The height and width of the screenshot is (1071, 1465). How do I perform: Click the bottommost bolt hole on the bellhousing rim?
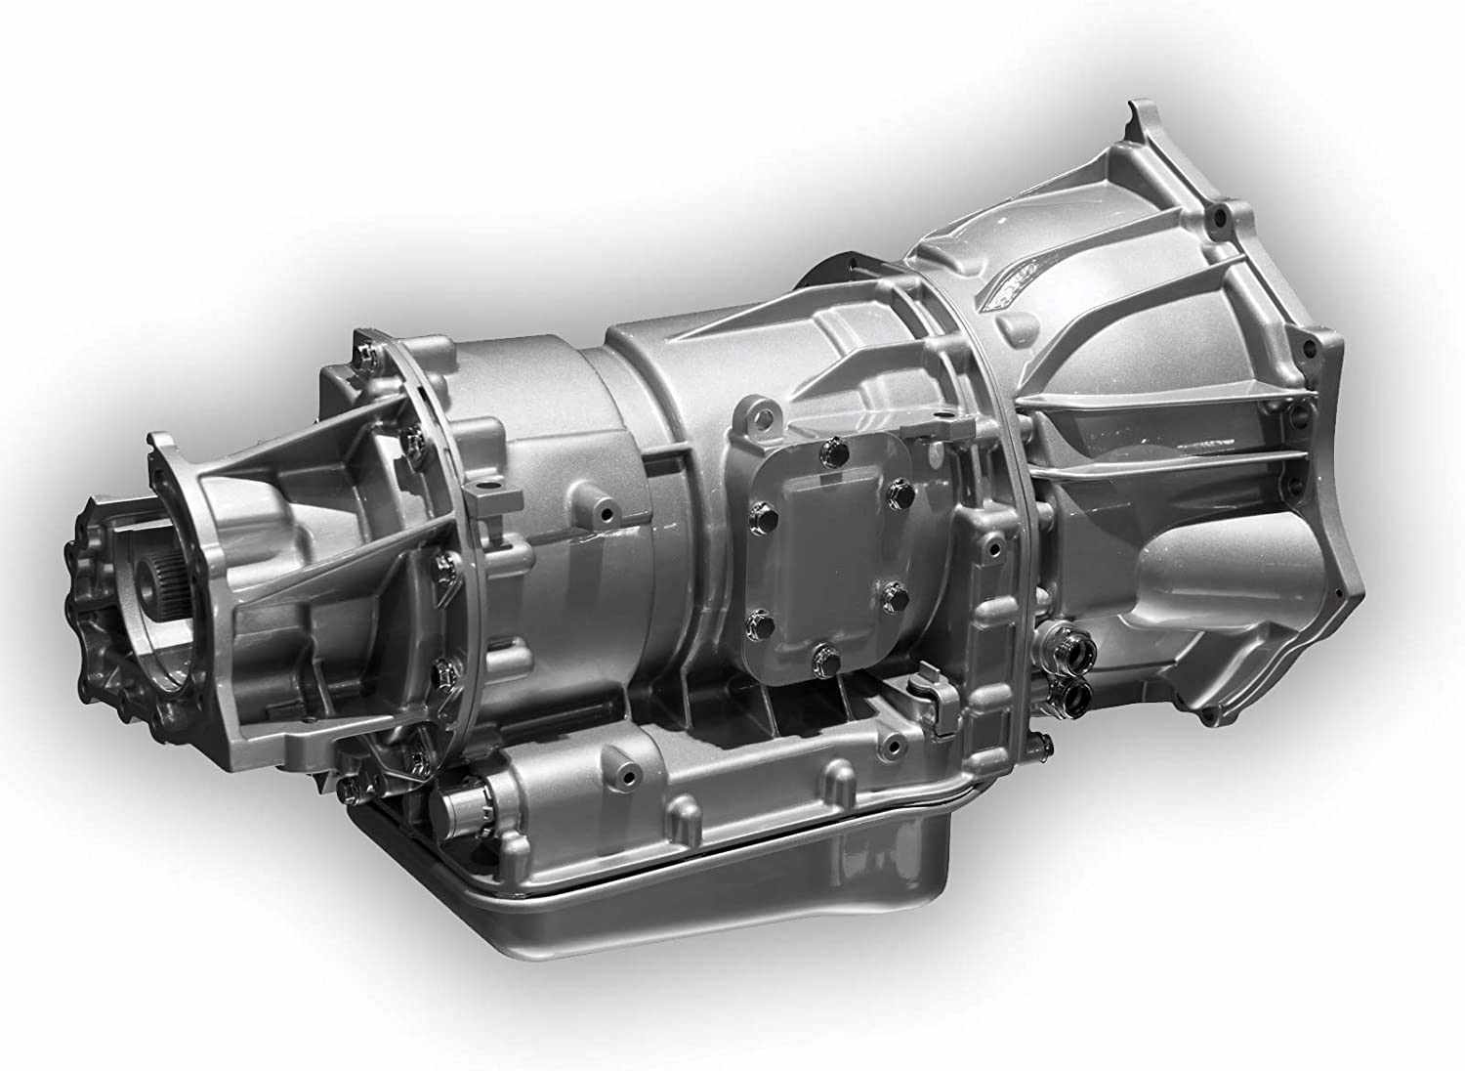(1211, 717)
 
